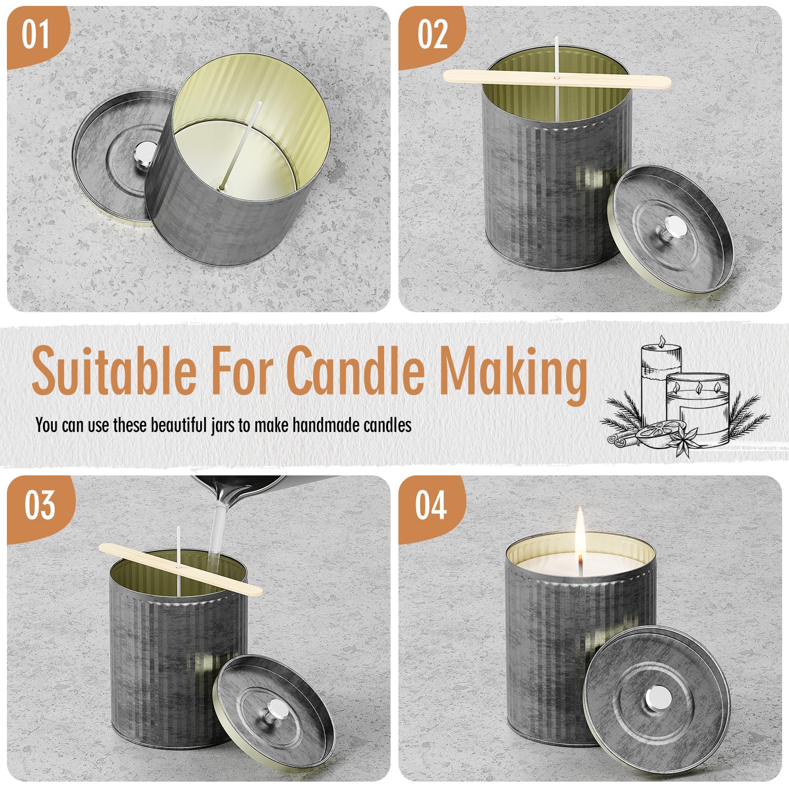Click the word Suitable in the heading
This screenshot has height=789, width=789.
tap(114, 368)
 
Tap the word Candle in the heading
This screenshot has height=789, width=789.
tap(355, 368)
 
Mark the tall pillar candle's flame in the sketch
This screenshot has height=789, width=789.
tap(662, 341)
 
